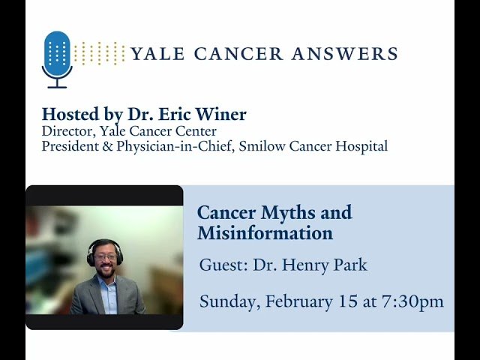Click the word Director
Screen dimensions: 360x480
66,131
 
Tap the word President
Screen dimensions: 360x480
72,146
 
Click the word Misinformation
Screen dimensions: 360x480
265,233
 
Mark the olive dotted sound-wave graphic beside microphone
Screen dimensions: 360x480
100,53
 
